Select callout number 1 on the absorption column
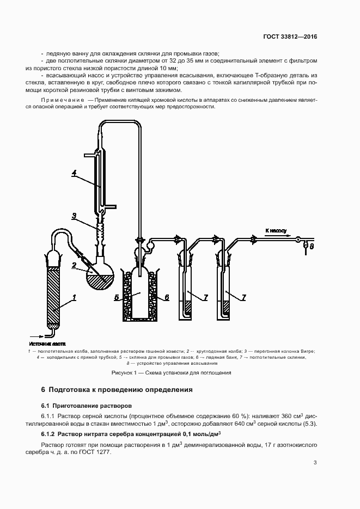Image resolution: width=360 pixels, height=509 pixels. pos(74,297)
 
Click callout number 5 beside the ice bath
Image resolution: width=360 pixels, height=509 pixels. pos(117,297)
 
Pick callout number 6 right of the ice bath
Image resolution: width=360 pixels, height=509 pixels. pos(167,297)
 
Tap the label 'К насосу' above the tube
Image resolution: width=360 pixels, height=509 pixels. pos(276,231)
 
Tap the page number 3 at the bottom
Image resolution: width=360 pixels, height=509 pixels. pos(315,463)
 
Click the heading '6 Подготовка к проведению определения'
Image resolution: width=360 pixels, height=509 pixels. pos(117,390)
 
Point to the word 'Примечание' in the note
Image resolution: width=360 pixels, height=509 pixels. pos(62,101)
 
